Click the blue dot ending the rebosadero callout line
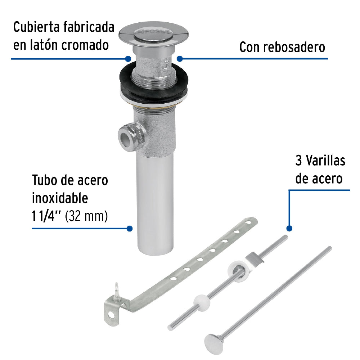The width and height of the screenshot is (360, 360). click(180, 58)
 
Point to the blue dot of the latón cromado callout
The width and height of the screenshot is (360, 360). click(128, 58)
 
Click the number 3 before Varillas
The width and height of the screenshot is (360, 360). click(299, 161)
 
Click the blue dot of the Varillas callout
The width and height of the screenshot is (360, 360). click(289, 228)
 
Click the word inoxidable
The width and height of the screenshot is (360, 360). click(60, 198)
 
